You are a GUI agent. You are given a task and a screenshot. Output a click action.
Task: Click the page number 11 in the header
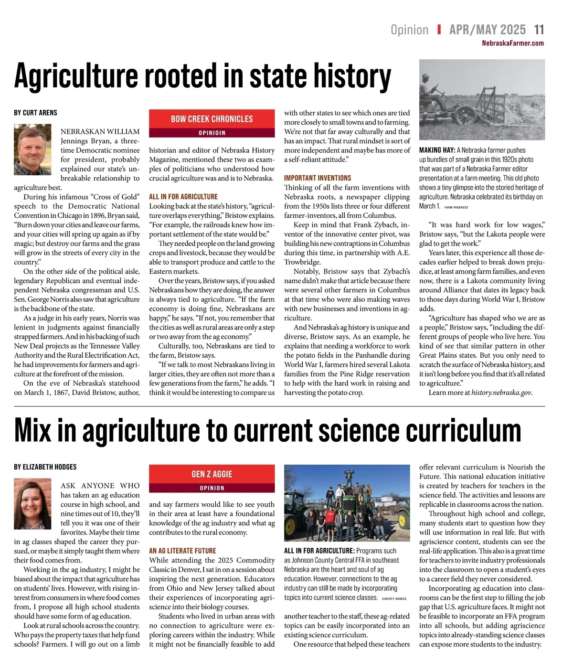pyautogui.click(x=539, y=30)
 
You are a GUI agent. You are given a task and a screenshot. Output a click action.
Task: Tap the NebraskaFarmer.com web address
pyautogui.click(x=513, y=43)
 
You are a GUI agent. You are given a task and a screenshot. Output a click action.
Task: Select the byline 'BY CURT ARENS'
pyautogui.click(x=35, y=113)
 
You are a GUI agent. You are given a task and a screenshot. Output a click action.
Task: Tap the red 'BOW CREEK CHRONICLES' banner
pyautogui.click(x=212, y=119)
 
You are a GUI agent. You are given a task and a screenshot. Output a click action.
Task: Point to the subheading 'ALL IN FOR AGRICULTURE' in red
pyautogui.click(x=183, y=196)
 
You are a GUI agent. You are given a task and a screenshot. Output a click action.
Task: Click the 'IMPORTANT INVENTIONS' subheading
pyautogui.click(x=318, y=178)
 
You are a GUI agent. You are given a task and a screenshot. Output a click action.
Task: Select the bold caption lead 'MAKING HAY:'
pyautogui.click(x=436, y=150)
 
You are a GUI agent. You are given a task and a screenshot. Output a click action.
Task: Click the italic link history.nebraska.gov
pyautogui.click(x=501, y=393)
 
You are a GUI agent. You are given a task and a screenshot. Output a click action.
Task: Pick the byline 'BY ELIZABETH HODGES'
pyautogui.click(x=45, y=467)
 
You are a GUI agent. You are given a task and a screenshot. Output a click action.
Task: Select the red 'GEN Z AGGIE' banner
pyautogui.click(x=212, y=474)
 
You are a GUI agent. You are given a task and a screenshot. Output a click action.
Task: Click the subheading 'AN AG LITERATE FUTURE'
pyautogui.click(x=182, y=551)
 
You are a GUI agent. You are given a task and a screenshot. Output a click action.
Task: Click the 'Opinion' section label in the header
pyautogui.click(x=409, y=30)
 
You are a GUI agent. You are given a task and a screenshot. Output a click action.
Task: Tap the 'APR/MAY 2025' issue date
pyautogui.click(x=487, y=30)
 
